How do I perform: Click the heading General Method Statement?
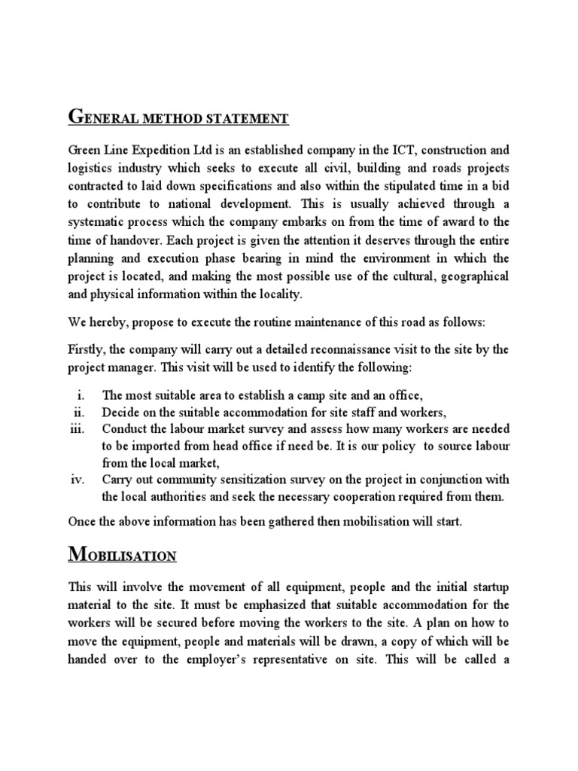tap(178, 118)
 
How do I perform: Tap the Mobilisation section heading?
tap(122, 556)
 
